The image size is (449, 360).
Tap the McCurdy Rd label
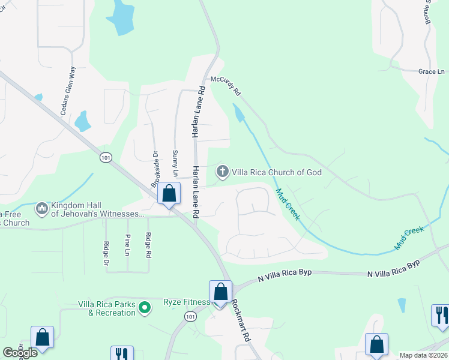[225, 85]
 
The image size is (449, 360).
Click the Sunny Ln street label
[175, 163]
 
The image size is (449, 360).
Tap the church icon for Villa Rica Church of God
[222, 172]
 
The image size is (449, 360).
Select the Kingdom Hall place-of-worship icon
[42, 208]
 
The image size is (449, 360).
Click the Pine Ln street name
[127, 244]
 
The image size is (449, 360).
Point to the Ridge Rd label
[148, 245]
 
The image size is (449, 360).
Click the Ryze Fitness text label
[186, 302]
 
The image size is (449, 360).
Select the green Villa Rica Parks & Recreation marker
[144, 308]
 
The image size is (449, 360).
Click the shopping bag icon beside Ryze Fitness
[220, 292]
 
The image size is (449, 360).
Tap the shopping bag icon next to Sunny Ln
[169, 194]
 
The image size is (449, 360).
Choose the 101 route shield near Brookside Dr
[106, 158]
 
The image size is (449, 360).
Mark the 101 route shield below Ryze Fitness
[190, 316]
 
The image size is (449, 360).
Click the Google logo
[20, 353]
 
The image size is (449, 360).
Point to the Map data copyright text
[424, 355]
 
